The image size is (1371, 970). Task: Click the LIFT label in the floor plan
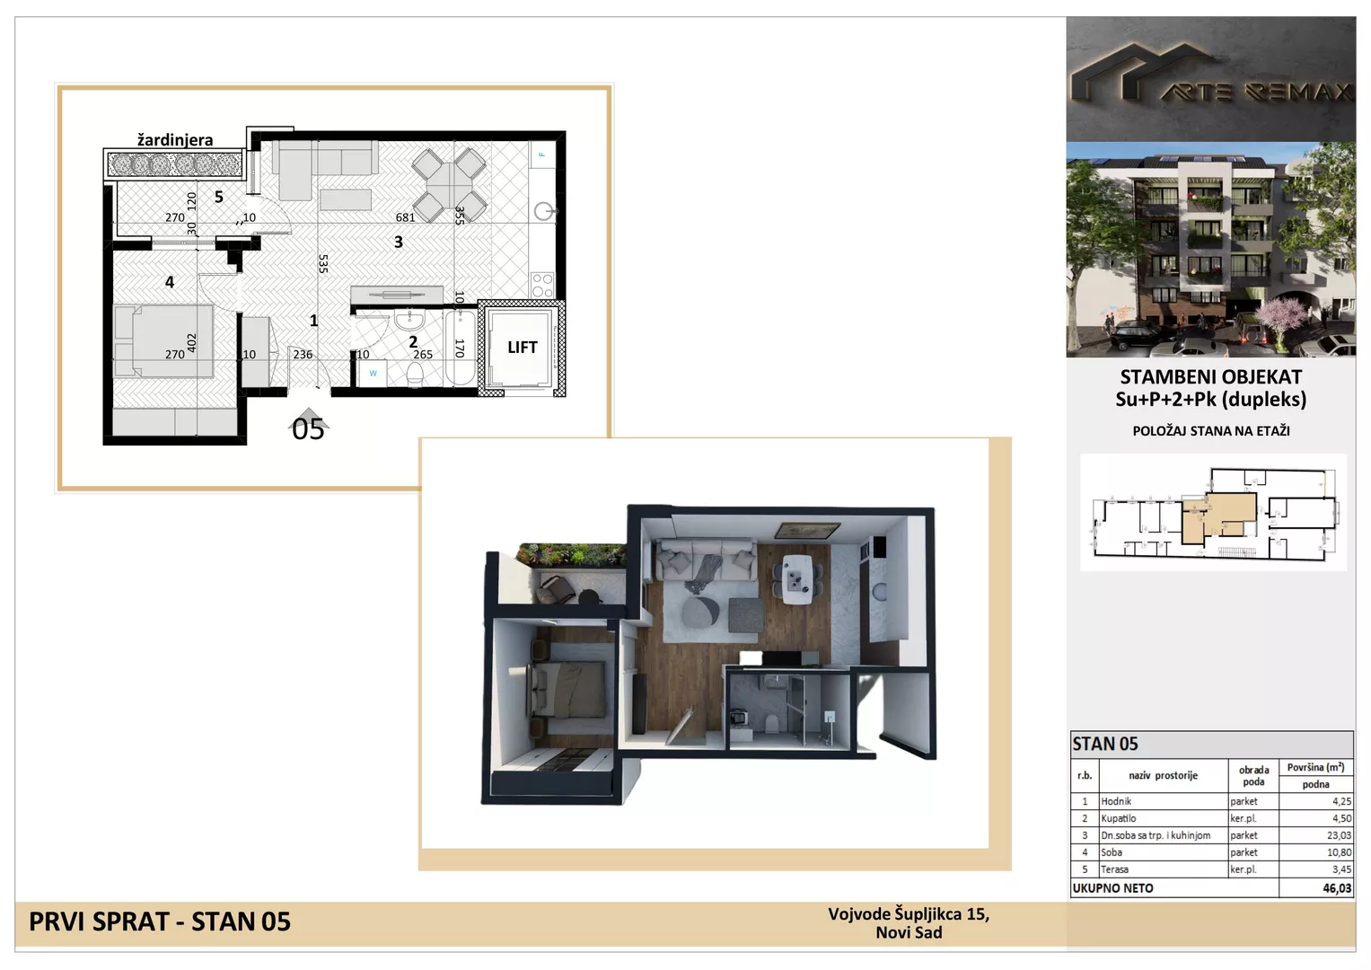(x=522, y=348)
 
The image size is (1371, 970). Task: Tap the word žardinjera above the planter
(x=175, y=139)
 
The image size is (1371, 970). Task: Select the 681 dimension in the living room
(x=405, y=217)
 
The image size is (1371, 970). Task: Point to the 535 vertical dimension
(x=323, y=263)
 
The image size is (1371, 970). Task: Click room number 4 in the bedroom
(x=170, y=282)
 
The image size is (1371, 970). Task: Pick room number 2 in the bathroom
(x=413, y=341)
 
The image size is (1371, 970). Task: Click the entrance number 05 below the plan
(x=308, y=429)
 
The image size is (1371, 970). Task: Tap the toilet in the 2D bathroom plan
(x=415, y=374)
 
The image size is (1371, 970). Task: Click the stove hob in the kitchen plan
(x=542, y=285)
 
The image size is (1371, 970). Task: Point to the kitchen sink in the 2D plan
(x=543, y=211)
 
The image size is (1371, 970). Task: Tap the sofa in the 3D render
(x=706, y=559)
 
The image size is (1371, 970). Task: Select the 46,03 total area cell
(x=1337, y=888)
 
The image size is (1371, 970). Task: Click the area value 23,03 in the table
(x=1339, y=835)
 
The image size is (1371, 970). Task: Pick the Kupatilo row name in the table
(x=1118, y=818)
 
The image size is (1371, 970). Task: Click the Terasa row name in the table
(x=1115, y=869)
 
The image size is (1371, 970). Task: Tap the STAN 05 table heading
(x=1104, y=744)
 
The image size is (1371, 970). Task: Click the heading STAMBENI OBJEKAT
(x=1210, y=376)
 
